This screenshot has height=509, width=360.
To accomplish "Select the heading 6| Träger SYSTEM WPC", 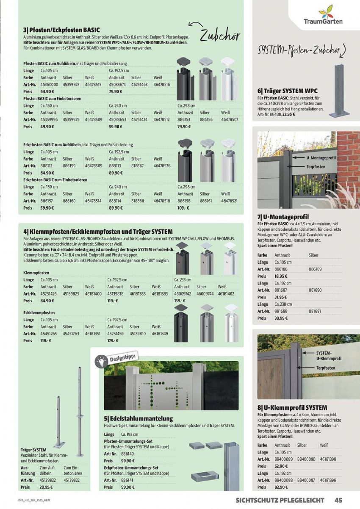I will pyautogui.click(x=287, y=91).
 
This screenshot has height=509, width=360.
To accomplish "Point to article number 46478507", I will pyautogui.click(x=229, y=119).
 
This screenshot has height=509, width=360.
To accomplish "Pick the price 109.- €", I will pyautogui.click(x=183, y=208).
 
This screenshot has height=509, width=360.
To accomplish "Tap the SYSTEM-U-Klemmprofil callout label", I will pyautogui.click(x=329, y=356).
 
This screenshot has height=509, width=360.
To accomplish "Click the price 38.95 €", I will pyautogui.click(x=281, y=318).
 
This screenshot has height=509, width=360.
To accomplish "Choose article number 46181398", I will pyautogui.click(x=328, y=459).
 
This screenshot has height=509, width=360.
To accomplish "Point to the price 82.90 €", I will pyautogui.click(x=281, y=487).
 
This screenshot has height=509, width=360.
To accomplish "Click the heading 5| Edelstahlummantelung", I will pyautogui.click(x=138, y=418).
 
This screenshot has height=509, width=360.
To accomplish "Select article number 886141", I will pyautogui.click(x=127, y=480).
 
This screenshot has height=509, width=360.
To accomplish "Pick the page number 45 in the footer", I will pyautogui.click(x=338, y=500).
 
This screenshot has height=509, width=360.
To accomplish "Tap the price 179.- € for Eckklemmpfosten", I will pyautogui.click(x=113, y=340).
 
